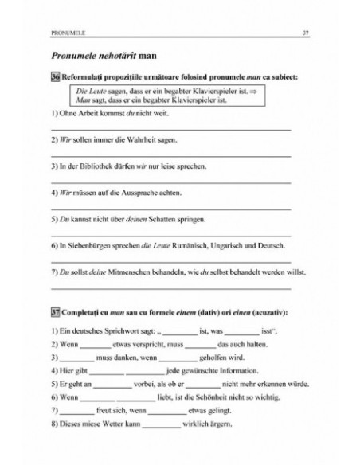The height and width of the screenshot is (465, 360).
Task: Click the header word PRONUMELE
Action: coord(67,33)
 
